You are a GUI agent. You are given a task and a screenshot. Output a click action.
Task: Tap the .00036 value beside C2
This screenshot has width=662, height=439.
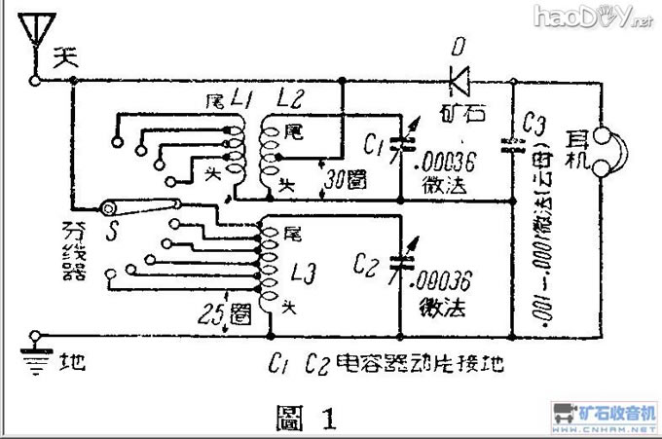tap(443, 279)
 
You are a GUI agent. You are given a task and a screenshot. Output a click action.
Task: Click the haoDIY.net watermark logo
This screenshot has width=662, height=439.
tap(595, 15)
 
